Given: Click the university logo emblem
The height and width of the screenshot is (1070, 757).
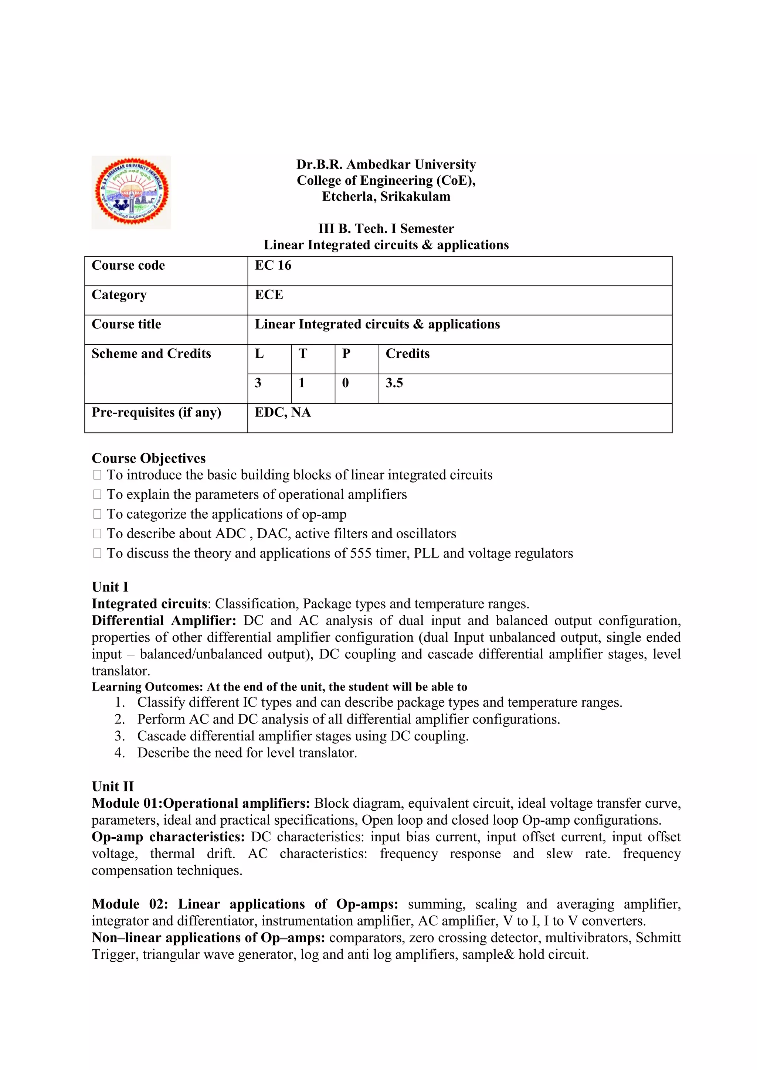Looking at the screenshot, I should coord(131,192).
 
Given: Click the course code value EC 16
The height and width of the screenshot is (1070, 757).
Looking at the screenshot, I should coord(273,266).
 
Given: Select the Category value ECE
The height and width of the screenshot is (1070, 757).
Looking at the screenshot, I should coord(269,295).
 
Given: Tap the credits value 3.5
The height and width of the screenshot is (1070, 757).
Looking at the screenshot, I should coord(394,383).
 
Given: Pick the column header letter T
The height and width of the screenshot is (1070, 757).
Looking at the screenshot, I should coord(303,354).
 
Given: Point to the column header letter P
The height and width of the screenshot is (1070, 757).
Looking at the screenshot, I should coord(346,354).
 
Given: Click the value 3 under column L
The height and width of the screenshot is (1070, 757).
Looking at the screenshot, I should coord(258,383).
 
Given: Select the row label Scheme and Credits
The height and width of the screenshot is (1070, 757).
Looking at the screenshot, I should coord(151,354).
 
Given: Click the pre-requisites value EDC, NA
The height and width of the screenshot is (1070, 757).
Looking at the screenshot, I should coord(282,412).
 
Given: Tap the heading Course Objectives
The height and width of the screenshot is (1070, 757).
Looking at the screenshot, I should coord(148,458).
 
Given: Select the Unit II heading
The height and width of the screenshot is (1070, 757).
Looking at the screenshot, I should coord(112,786).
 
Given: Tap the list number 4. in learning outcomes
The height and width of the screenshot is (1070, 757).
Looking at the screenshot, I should coord(119,753).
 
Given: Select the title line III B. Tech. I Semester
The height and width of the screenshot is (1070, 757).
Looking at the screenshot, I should coord(386,229).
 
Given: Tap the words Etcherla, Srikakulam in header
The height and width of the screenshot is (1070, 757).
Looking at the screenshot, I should coord(386,196).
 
